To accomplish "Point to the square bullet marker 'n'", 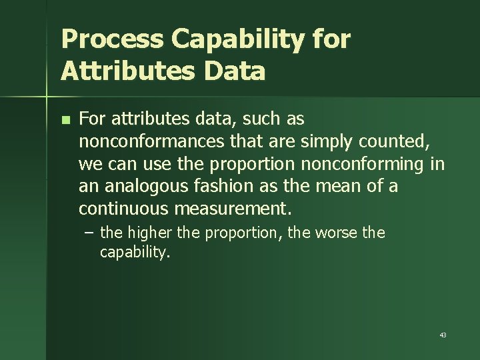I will tap(65, 121).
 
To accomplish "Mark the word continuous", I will tap(124, 209).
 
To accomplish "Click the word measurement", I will tap(233, 209).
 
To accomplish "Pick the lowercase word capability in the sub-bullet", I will tap(133, 252).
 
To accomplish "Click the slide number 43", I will tap(443, 335).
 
